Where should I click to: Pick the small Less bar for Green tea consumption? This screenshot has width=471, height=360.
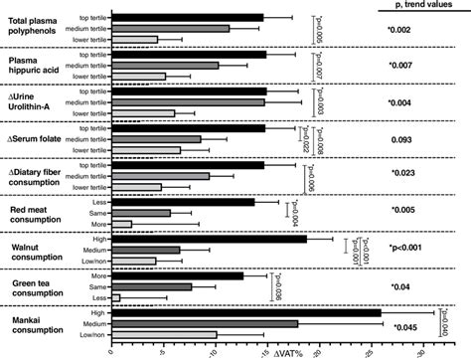point(115,297)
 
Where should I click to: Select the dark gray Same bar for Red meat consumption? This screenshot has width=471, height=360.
point(141,213)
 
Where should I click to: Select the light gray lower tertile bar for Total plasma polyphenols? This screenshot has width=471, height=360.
point(134,40)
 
